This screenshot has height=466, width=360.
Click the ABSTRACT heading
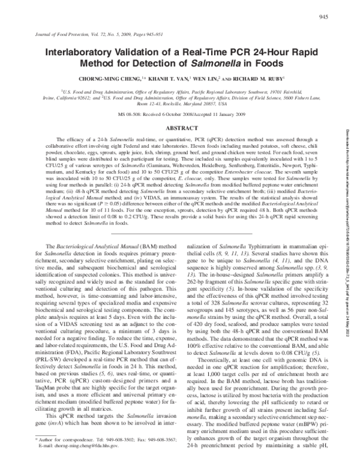[181, 129]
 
